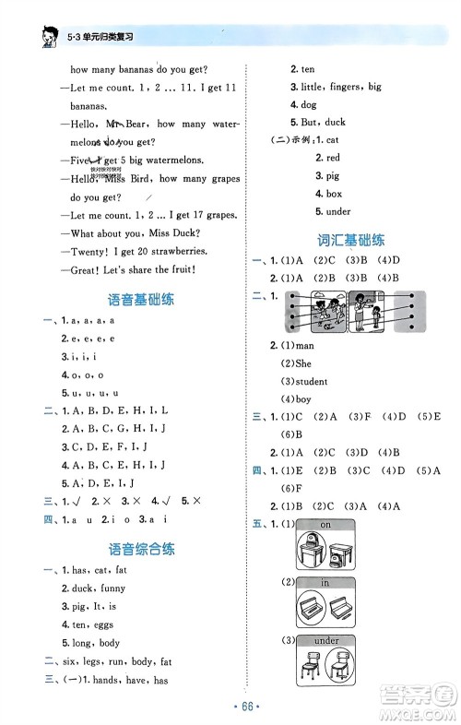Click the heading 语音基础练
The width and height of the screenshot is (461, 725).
[x=142, y=299]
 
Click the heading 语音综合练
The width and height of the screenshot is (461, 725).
[x=142, y=549]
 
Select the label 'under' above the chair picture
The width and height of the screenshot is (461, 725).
[x=325, y=641]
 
